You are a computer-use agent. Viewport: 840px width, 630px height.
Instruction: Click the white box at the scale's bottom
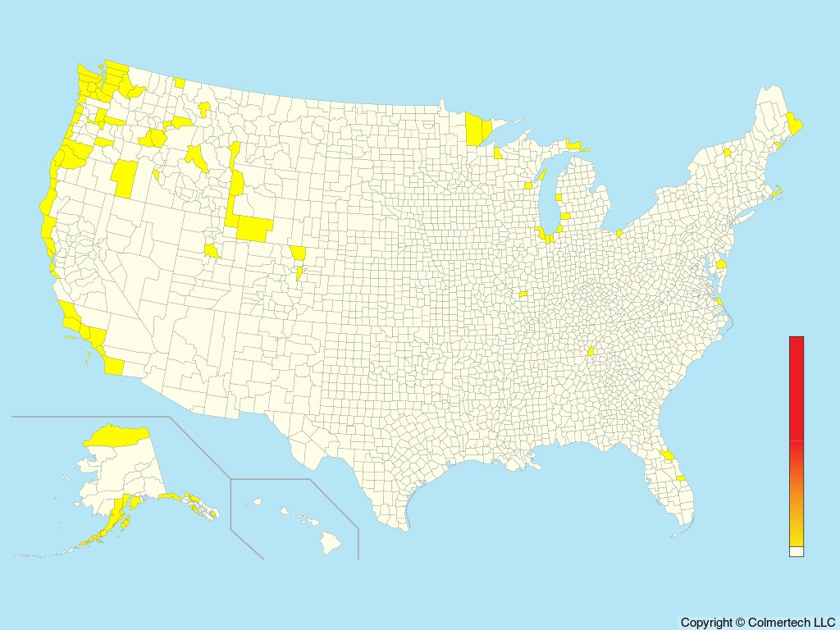coord(796,552)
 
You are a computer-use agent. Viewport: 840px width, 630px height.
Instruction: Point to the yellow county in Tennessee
coord(590,351)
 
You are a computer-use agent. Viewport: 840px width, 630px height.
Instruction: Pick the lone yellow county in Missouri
coord(523,294)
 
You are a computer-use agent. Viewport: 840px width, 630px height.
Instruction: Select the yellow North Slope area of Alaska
coord(119,435)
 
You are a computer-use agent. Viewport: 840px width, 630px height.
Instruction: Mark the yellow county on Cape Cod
coord(776,194)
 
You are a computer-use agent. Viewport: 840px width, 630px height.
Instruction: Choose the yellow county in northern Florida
coord(668,454)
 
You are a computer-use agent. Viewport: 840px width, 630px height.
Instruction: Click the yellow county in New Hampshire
coord(727,152)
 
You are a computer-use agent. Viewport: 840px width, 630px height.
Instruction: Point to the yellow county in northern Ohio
coord(619,235)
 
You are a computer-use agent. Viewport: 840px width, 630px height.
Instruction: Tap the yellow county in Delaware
coord(721,264)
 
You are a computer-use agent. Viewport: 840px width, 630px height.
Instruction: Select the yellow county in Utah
coord(212,250)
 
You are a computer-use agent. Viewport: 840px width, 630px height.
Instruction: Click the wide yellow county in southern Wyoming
coord(254,229)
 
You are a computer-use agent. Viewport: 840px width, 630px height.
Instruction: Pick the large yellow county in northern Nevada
coord(126,179)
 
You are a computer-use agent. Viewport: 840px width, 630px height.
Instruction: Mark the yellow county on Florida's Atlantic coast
coord(681,477)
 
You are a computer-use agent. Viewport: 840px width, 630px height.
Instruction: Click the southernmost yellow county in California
coord(113,366)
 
